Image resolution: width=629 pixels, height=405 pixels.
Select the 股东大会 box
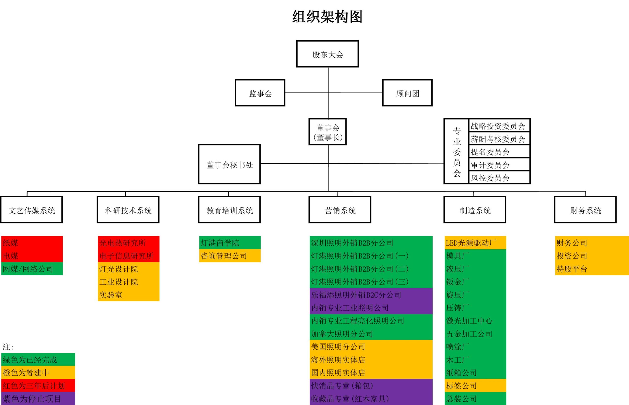point(328,54)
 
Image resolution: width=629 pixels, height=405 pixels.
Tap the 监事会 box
point(260,93)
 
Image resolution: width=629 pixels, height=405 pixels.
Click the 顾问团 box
point(407,93)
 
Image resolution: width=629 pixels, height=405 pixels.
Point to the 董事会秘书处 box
point(229,164)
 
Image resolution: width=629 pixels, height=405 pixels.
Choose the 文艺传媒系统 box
point(31,210)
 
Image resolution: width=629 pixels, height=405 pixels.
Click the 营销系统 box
point(340,210)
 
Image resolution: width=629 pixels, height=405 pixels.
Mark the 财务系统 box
point(585,210)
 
